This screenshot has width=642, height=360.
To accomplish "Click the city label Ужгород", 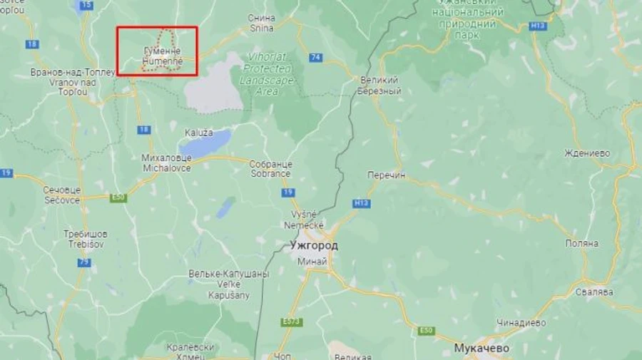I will (314, 245).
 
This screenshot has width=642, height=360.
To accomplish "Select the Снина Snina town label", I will (262, 23).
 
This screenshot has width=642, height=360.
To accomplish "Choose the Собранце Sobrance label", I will (270, 168).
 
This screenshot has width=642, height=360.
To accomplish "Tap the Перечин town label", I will (386, 174).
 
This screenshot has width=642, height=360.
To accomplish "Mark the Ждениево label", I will (586, 153).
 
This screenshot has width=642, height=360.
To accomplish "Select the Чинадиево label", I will (521, 322).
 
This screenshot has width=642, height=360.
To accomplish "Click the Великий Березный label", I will (381, 86).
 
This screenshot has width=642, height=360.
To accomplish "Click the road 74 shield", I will (315, 57).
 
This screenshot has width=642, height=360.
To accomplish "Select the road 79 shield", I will (84, 262).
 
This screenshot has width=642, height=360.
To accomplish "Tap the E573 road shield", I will (292, 322).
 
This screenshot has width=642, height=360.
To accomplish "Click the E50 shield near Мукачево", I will (427, 330).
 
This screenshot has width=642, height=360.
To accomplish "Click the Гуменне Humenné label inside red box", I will (161, 57).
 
